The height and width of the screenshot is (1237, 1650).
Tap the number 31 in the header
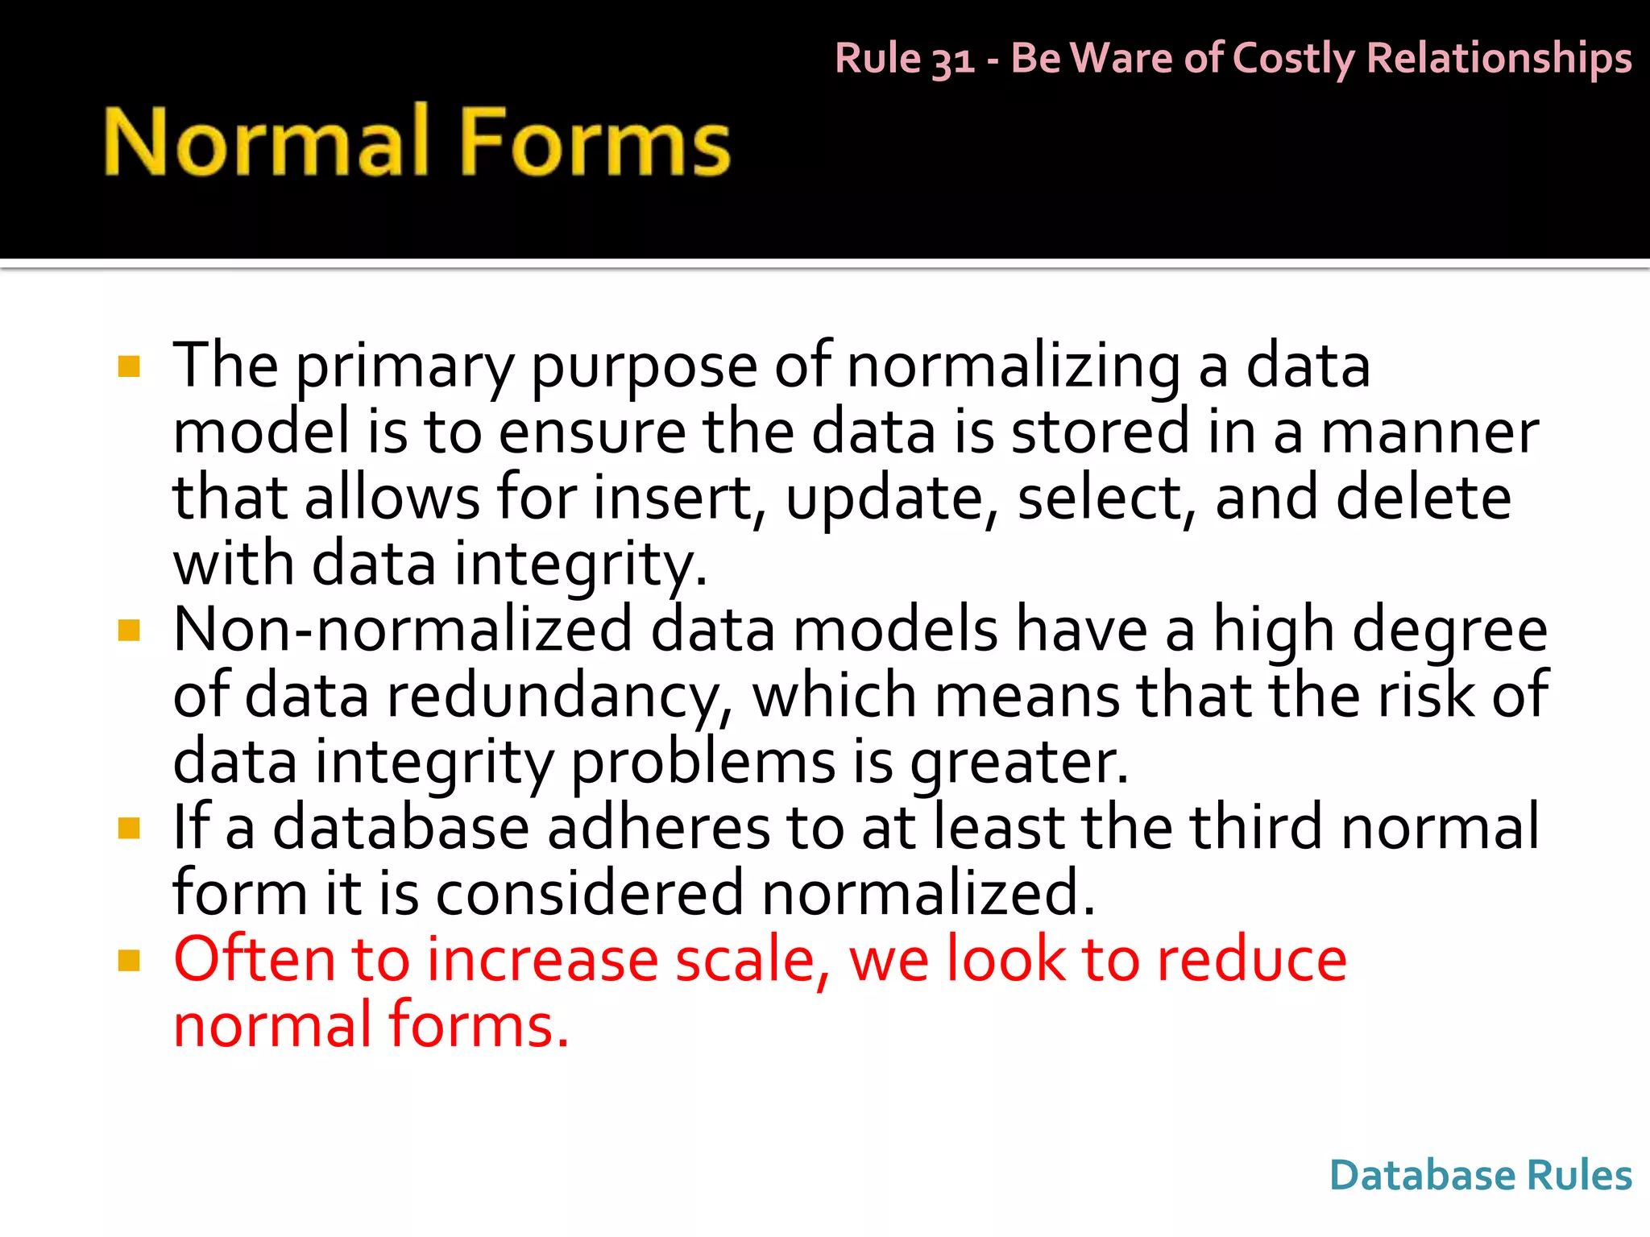(x=952, y=60)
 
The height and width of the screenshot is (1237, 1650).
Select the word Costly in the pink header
(x=1294, y=60)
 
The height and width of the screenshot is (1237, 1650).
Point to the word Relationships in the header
(x=1499, y=60)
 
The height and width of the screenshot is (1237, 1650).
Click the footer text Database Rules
(x=1480, y=1175)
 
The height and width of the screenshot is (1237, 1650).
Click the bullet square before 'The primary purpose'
(x=129, y=367)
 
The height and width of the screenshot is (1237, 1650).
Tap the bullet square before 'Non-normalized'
(x=129, y=630)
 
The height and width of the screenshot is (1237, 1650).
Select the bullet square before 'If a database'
(x=129, y=828)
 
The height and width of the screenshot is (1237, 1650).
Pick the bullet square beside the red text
(x=129, y=960)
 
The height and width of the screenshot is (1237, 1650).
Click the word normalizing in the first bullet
(x=1013, y=367)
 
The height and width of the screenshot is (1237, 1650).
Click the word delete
(x=1424, y=498)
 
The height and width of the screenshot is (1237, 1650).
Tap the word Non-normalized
(x=403, y=630)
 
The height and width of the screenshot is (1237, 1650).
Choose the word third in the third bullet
(x=1257, y=828)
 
